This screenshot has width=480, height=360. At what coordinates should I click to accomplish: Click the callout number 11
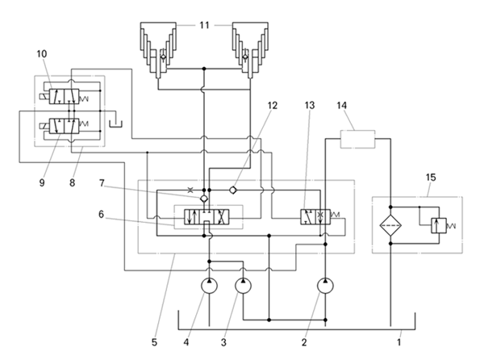[x=204, y=25]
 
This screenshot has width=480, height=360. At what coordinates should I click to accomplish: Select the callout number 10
[x=42, y=54]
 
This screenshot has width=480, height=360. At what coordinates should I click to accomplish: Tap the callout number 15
[x=431, y=178]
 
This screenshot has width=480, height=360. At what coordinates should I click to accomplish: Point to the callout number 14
[x=341, y=106]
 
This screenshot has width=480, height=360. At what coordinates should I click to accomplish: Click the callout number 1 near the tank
[x=399, y=342]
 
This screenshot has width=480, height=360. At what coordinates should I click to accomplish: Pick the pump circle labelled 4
[x=209, y=286]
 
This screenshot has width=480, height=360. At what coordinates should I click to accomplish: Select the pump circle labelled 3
[x=243, y=286]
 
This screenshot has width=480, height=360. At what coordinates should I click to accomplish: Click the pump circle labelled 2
[x=325, y=286]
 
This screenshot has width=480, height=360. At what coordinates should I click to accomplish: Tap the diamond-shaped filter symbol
[x=390, y=225]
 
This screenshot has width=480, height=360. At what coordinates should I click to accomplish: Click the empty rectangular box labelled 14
[x=358, y=139]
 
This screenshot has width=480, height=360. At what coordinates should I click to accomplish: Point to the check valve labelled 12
[x=233, y=190]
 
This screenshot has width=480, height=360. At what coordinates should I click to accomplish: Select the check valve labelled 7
[x=204, y=199]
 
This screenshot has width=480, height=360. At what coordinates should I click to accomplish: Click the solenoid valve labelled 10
[x=64, y=97]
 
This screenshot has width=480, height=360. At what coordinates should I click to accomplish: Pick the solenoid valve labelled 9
[x=64, y=126]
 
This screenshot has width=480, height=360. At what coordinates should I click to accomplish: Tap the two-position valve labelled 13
[x=315, y=217]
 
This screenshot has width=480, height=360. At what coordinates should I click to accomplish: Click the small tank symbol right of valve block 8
[x=115, y=123]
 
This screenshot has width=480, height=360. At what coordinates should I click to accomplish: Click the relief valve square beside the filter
[x=439, y=226]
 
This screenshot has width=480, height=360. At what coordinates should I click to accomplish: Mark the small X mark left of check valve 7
[x=190, y=190]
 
